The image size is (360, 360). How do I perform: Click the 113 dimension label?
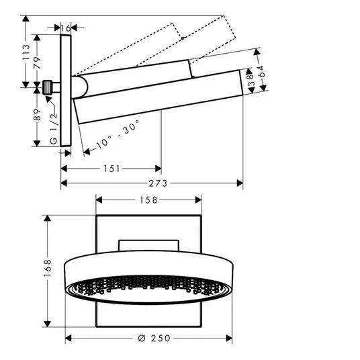coord(26,52)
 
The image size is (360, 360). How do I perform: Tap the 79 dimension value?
coord(37,62)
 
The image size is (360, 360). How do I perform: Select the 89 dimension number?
coord(37,115)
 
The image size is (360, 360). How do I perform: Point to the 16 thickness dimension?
coord(66,28)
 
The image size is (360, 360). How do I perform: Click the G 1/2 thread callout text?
coord(53,128)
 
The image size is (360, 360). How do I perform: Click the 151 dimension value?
coord(111,169)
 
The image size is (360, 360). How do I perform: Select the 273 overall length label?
coord(159,183)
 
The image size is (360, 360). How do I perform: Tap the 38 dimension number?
coord(251,80)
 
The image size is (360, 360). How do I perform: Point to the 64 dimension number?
coord(261,71)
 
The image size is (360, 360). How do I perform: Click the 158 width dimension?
coord(148,200)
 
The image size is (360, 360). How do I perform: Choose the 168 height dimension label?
coord(48,268)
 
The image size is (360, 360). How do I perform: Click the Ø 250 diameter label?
coord(154,339)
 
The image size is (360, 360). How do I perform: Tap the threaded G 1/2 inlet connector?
coord(48,87)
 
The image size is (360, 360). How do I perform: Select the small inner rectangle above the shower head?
coord(148,246)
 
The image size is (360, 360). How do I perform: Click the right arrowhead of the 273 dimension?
coord(240,183)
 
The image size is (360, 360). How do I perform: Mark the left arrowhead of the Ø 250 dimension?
coord(69,339)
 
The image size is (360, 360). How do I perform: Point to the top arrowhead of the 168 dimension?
coord(47,218)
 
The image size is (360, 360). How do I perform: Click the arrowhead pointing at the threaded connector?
coord(48,99)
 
